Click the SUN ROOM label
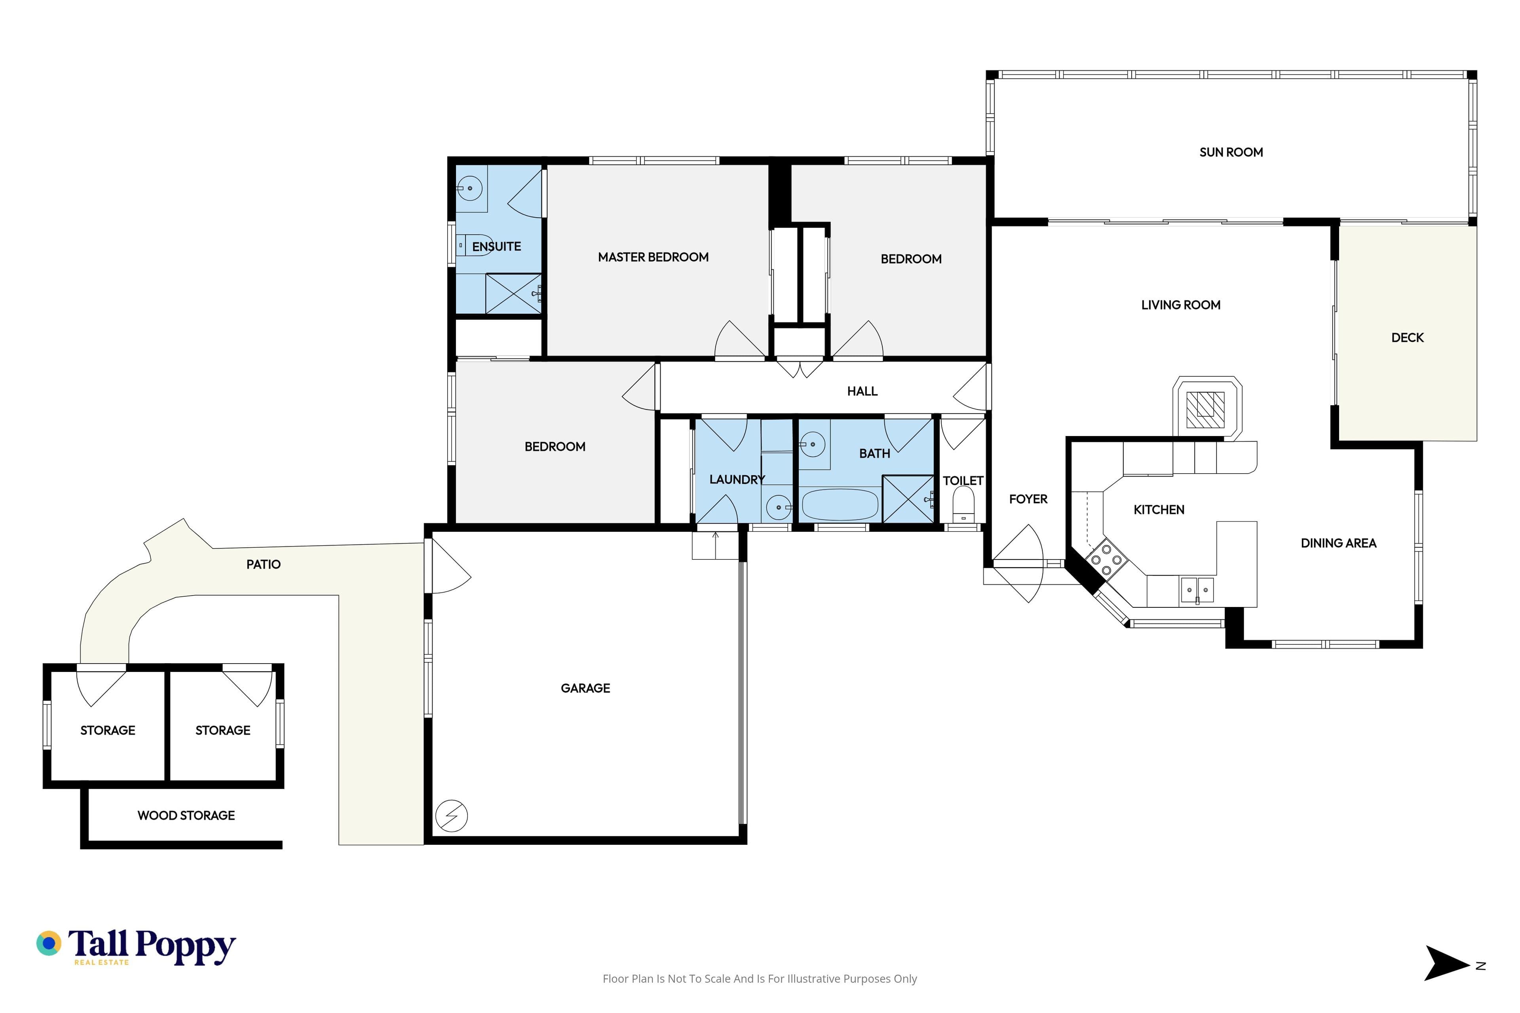point(1231,152)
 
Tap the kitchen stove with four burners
point(1106,560)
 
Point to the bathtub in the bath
point(840,505)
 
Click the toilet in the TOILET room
point(963,504)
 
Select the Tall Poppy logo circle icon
point(48,943)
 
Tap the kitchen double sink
point(1197,590)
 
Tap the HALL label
point(862,391)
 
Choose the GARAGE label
point(585,688)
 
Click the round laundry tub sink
point(778,507)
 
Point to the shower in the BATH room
point(908,499)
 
